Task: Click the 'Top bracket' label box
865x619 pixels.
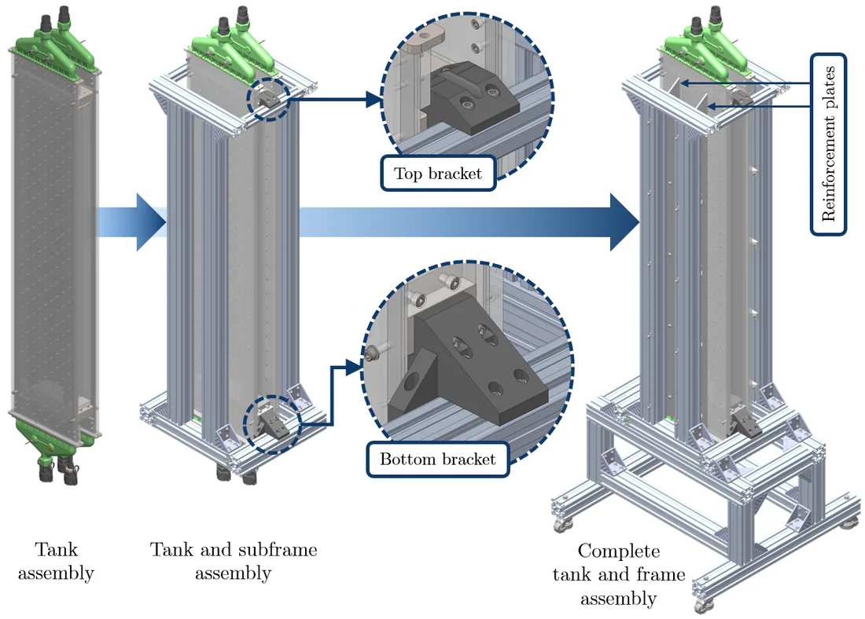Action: point(438,174)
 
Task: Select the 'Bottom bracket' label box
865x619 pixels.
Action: point(437,460)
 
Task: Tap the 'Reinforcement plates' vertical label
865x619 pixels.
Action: point(828,145)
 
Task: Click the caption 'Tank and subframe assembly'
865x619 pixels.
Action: point(234,561)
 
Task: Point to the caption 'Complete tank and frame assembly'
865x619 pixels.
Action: point(619,574)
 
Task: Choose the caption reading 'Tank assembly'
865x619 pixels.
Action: point(56,561)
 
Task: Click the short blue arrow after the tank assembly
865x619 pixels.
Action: point(132,222)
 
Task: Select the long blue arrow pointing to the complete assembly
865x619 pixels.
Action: point(469,222)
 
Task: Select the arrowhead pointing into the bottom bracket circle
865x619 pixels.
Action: point(354,367)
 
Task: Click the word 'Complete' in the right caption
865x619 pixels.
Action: point(618,551)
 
